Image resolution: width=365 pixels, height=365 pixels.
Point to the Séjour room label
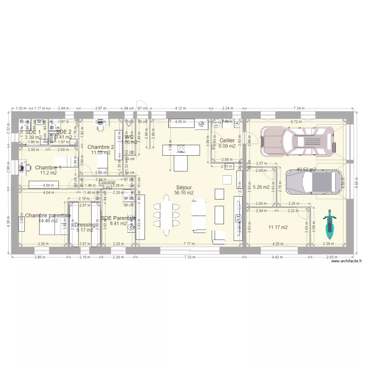tap(183, 187)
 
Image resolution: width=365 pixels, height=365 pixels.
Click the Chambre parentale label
tap(48, 215)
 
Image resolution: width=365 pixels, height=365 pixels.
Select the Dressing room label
tap(85, 225)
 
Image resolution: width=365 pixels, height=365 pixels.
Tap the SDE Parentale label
tap(118, 219)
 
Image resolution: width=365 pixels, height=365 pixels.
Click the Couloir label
tap(107, 182)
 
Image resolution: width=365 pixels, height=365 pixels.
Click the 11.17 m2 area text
tap(278, 227)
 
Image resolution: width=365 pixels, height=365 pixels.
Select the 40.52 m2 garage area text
tap(306, 170)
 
